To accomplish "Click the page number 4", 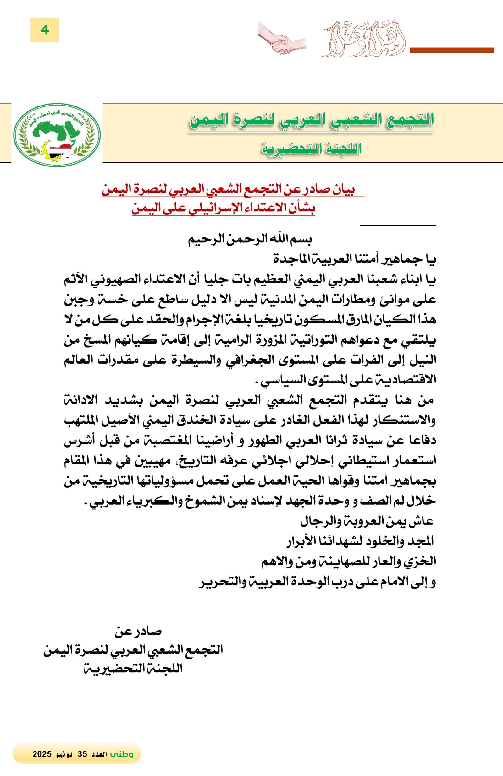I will pyautogui.click(x=45, y=30).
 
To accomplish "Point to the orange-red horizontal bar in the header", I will pyautogui.click(x=452, y=50).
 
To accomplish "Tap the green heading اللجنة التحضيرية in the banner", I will pyautogui.click(x=312, y=149).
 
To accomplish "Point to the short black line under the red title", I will pyautogui.click(x=398, y=225).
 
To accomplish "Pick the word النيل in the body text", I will pyautogui.click(x=424, y=360).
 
